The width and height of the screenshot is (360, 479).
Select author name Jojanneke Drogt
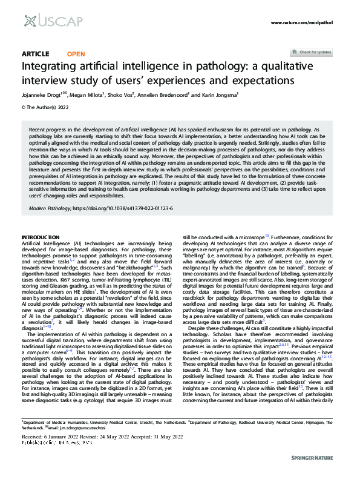click(x=42, y=94)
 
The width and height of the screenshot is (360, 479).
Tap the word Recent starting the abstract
click(x=39, y=130)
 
